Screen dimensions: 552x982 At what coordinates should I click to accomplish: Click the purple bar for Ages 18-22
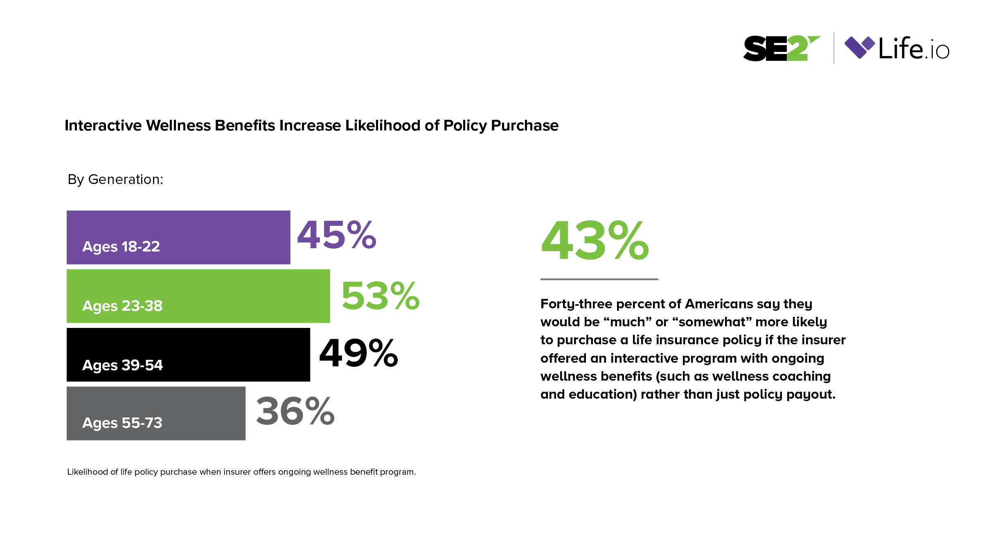tap(178, 237)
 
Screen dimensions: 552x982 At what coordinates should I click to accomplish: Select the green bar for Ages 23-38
tap(198, 296)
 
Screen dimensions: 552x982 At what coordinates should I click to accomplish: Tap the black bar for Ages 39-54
tap(188, 355)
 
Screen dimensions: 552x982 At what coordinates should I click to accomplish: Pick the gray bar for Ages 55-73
tap(156, 413)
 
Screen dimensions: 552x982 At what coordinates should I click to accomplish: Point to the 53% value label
tap(380, 296)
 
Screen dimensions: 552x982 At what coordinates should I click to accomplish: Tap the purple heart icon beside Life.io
tap(859, 47)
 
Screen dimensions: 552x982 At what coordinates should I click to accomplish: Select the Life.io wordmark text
tap(914, 49)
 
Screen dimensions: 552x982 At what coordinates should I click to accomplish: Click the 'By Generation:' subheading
tap(115, 180)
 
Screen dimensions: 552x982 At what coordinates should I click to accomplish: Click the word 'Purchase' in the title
tap(525, 126)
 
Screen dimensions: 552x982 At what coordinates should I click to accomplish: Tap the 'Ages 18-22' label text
tap(121, 247)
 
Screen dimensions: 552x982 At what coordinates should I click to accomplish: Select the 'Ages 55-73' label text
tap(122, 423)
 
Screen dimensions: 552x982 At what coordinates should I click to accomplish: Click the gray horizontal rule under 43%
tap(599, 279)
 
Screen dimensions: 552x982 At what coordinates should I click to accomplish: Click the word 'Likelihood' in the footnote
tap(88, 472)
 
